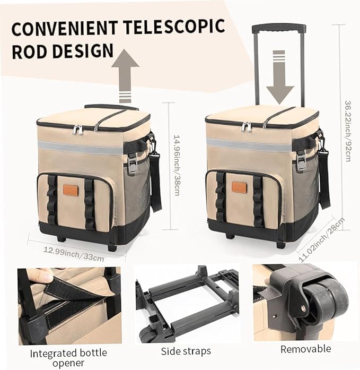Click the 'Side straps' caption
186,351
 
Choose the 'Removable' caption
305,349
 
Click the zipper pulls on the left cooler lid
77,129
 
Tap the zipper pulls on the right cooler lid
246,126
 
